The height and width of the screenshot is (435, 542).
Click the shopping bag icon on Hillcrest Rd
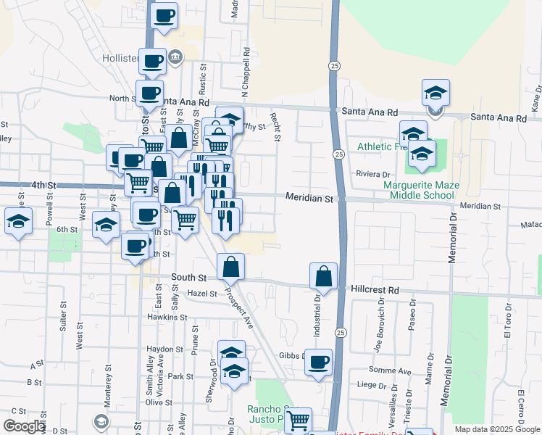click(323, 276)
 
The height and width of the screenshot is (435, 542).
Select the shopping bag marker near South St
click(230, 268)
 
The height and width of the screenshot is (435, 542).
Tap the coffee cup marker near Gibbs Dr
click(318, 362)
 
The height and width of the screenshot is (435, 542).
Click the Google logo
click(23, 427)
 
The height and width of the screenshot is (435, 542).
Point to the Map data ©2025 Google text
click(497, 429)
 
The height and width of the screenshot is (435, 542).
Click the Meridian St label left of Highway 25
click(309, 198)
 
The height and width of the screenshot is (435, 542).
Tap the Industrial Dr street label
click(317, 315)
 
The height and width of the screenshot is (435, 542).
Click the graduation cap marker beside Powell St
click(18, 221)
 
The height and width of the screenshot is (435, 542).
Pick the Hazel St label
click(202, 294)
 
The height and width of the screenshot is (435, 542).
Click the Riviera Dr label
click(373, 175)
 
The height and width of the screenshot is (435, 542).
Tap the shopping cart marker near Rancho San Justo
click(298, 420)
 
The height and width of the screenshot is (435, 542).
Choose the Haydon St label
click(164, 349)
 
